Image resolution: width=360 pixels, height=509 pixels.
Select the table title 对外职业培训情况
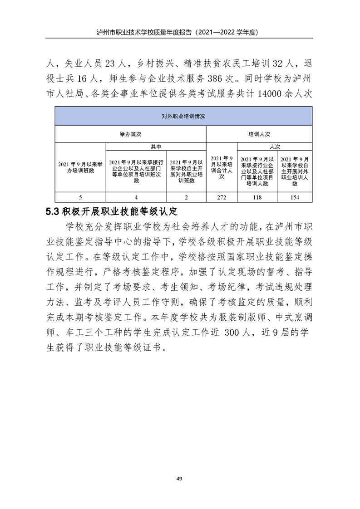click(183, 117)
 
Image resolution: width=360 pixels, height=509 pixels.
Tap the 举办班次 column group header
click(130, 134)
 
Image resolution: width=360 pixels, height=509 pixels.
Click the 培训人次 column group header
click(259, 134)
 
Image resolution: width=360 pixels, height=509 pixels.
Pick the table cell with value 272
click(222, 197)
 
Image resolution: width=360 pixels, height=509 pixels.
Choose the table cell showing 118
click(257, 197)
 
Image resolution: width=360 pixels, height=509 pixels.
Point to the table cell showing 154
click(295, 197)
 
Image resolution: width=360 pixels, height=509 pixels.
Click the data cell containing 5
click(80, 197)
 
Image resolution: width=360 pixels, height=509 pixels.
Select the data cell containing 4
click(137, 197)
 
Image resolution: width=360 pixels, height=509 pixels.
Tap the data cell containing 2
click(187, 197)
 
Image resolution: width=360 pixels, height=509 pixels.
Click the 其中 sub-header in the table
click(156, 147)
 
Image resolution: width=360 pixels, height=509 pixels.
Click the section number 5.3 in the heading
click(53, 211)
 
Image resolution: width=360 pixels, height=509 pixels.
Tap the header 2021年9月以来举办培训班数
click(80, 167)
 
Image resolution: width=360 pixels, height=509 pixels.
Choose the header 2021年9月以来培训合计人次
click(222, 167)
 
